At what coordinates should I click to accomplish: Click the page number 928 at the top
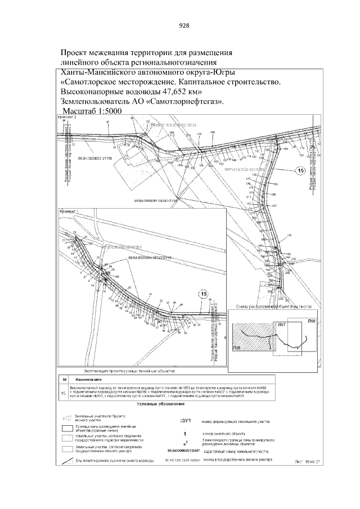coord(184,25)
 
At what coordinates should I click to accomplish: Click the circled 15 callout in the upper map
coord(300,170)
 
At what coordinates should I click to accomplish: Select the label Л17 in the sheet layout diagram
coord(281,325)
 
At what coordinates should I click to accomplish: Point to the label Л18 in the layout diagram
coord(311,320)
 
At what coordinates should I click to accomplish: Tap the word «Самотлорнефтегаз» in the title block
coord(185,102)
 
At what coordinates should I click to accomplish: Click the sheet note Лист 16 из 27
coord(307,461)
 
